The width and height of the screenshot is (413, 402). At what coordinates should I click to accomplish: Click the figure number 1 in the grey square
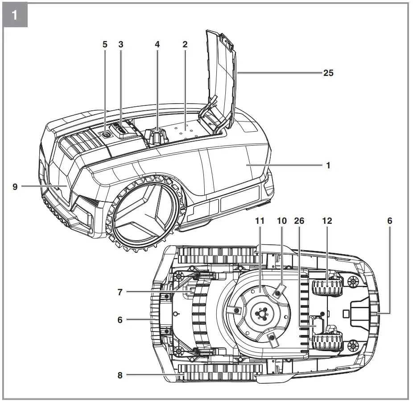pos(15,15)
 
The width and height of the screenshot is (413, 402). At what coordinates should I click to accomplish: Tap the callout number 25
pos(328,73)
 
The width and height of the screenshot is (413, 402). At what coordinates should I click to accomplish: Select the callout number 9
pos(15,187)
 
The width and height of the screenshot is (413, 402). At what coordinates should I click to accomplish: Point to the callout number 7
pos(120,292)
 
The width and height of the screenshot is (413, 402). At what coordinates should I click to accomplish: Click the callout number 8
pos(120,376)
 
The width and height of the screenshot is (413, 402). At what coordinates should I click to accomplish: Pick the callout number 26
pos(299,221)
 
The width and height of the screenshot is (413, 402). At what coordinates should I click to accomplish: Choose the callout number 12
pos(327,221)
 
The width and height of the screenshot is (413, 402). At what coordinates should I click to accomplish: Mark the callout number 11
pos(260,221)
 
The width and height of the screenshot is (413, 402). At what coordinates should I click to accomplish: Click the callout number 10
pos(281,221)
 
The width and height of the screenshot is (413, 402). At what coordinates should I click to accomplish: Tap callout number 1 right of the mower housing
pos(328,165)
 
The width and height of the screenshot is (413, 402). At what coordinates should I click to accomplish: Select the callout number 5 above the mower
pos(105,44)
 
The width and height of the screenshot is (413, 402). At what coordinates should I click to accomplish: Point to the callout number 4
pos(157,44)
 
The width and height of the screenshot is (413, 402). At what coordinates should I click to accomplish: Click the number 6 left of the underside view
pos(120,319)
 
